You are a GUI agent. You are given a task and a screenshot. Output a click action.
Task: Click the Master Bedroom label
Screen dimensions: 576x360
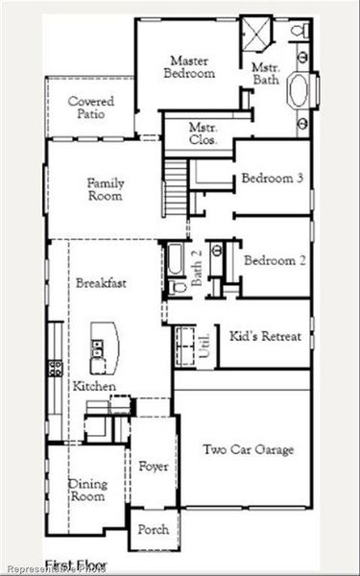189,66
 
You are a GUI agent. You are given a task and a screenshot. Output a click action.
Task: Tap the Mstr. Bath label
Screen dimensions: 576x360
266,74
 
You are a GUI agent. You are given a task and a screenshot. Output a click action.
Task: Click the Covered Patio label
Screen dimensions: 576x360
91,108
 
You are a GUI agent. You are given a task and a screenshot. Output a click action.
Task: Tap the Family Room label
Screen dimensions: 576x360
105,189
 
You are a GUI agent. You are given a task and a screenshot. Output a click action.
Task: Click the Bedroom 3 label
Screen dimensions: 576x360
273,179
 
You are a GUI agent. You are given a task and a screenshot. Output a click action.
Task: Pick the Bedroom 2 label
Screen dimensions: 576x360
274,261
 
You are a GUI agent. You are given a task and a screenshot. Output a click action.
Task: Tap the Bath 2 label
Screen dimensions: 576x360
196,267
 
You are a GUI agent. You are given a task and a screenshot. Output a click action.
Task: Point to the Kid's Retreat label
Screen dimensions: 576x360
266,337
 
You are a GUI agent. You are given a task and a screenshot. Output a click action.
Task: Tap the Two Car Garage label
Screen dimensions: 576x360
248,449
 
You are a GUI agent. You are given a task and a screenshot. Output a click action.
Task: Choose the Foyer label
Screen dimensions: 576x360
154,467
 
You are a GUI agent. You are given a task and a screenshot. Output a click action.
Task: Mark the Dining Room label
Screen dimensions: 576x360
87,492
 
